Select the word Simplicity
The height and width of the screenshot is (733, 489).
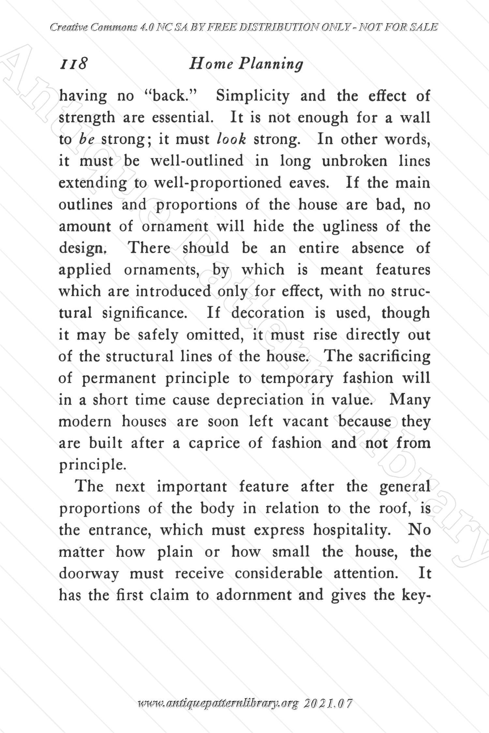[x=253, y=96]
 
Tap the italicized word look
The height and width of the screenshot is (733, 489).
[x=231, y=139]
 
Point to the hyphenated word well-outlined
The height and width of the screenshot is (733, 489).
[x=197, y=161]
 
